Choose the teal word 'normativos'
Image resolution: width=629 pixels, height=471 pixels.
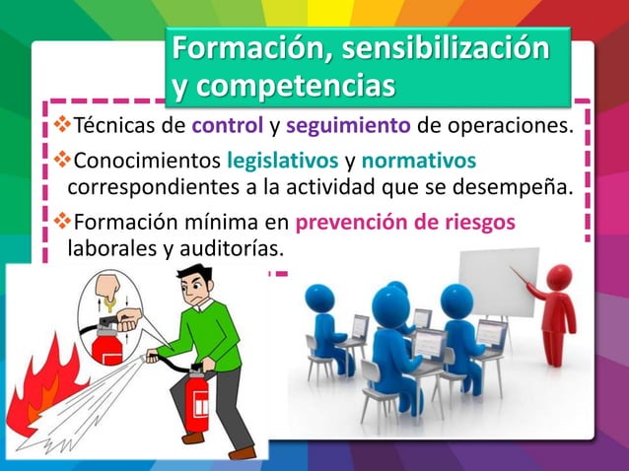point(419,160)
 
